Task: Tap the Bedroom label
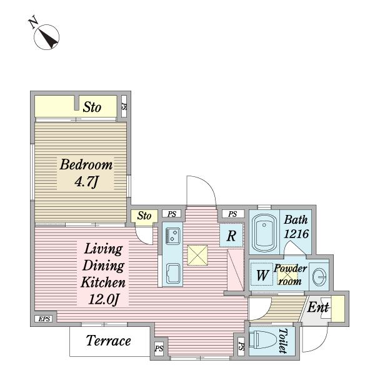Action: coord(86,165)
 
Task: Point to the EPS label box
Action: coord(45,319)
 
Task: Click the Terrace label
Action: coord(108,341)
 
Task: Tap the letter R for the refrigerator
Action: coord(231,236)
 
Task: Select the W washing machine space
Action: coord(262,274)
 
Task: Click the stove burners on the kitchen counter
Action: coord(172,236)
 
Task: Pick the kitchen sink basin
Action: coord(173,273)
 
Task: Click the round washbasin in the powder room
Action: coord(319,277)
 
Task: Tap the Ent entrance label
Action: coord(318,307)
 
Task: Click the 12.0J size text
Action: coord(103,299)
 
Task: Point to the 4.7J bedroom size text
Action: coord(86,182)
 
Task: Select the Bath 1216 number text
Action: coord(296,234)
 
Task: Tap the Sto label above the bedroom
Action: coord(92,107)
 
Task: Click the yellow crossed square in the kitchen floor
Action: coord(197,255)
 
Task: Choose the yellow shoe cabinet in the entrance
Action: coord(337,309)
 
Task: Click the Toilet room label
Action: coord(283,341)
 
